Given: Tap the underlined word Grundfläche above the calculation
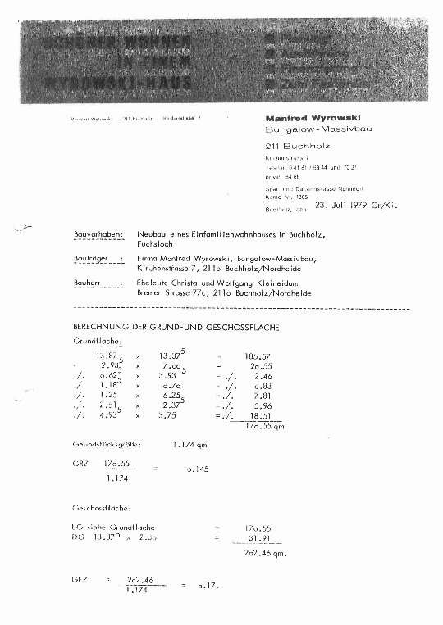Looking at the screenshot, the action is (x=98, y=342).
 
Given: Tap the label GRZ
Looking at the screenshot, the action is (x=80, y=463).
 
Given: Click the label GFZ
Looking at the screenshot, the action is (x=80, y=580).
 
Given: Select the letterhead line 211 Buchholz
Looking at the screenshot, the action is (x=291, y=146).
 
